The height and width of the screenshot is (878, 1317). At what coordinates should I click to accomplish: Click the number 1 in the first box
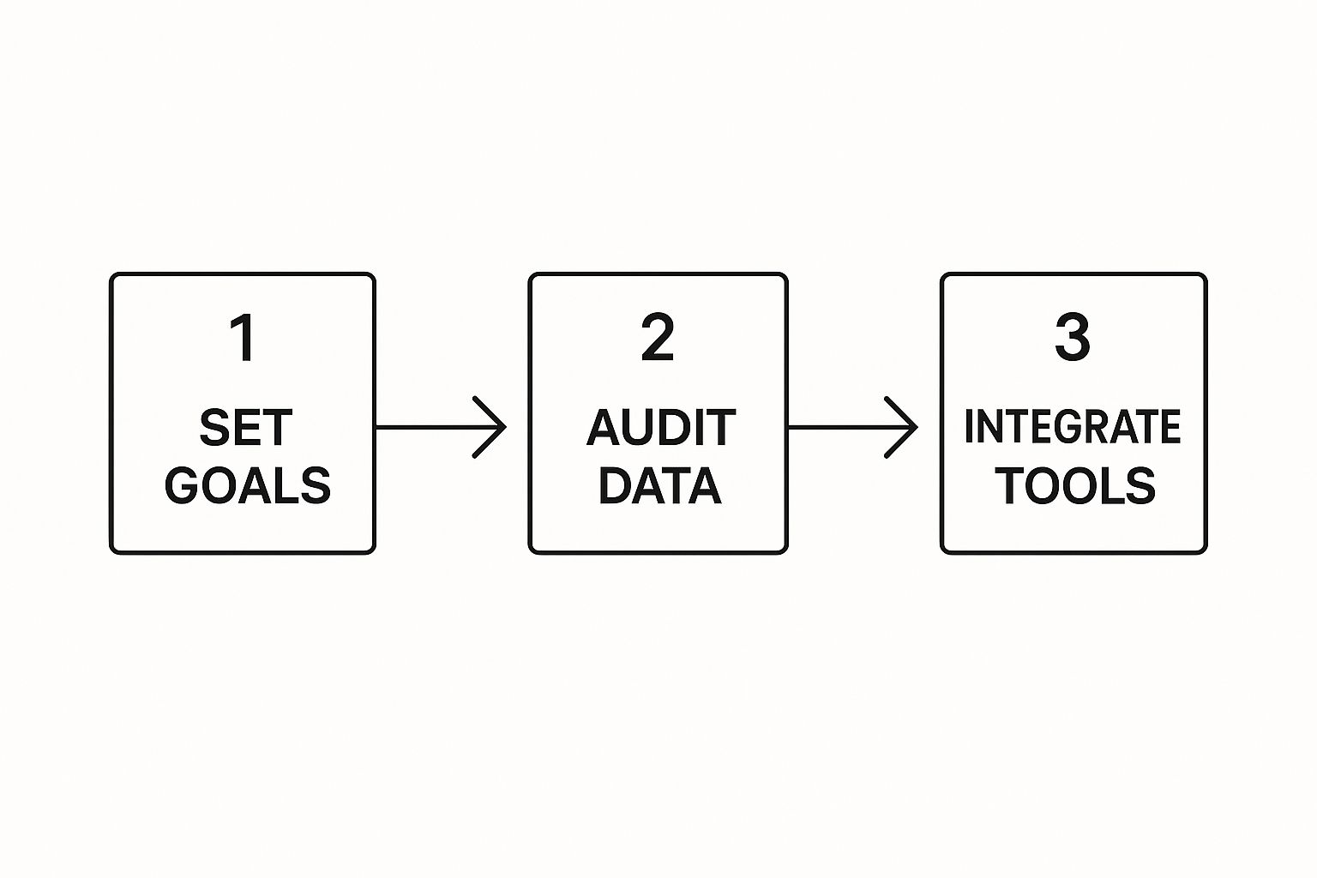pyautogui.click(x=244, y=339)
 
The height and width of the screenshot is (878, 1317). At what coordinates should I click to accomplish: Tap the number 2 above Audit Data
pyautogui.click(x=658, y=339)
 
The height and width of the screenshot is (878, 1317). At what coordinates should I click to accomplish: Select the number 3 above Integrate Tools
pyautogui.click(x=1072, y=339)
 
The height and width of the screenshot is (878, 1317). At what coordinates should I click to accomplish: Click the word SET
pyautogui.click(x=246, y=428)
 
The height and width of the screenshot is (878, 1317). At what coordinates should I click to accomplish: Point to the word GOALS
pyautogui.click(x=247, y=485)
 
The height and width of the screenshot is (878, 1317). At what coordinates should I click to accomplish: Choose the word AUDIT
pyautogui.click(x=660, y=428)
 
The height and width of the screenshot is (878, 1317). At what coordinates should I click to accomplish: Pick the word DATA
pyautogui.click(x=659, y=485)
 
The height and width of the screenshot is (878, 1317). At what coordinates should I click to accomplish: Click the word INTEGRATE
pyautogui.click(x=1073, y=427)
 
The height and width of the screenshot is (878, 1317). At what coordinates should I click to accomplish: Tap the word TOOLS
pyautogui.click(x=1074, y=485)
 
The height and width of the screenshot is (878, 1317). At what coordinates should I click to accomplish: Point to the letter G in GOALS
pyautogui.click(x=183, y=485)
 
